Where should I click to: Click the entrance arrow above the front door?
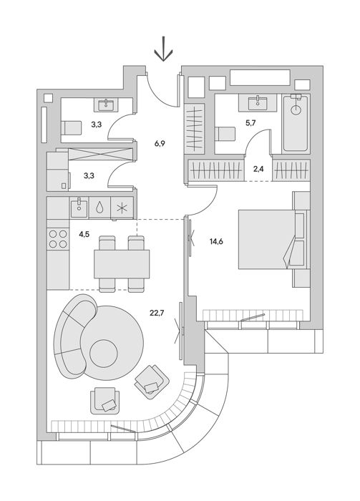[x=163, y=49]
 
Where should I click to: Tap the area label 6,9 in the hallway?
[x=160, y=143]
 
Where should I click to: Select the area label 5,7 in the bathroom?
[x=250, y=123]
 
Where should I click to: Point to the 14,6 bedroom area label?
[x=216, y=242]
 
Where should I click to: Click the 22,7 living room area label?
[x=157, y=313]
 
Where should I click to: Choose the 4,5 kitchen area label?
[x=84, y=235]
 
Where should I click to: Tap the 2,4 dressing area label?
[x=258, y=169]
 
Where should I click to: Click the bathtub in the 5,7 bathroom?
[x=296, y=124]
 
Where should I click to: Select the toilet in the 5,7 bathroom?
[x=225, y=134]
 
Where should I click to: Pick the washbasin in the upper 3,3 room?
[x=106, y=104]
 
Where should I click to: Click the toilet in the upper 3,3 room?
[x=70, y=128]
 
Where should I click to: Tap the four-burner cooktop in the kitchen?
[x=58, y=239]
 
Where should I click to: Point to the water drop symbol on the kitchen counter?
[x=99, y=208]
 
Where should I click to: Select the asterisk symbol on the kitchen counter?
[x=122, y=208]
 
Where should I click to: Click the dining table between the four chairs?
[x=122, y=264]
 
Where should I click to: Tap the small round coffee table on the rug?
[x=104, y=354]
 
